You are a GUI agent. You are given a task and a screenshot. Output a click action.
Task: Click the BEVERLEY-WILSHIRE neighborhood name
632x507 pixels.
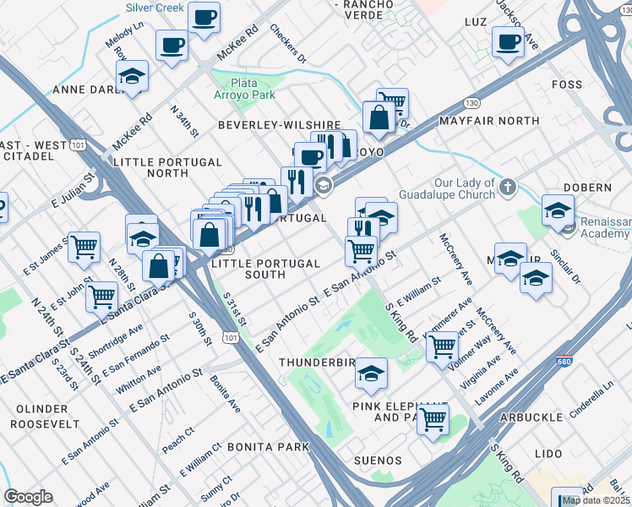coord(279,124)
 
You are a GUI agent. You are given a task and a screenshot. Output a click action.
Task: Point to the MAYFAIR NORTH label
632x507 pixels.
coord(489,121)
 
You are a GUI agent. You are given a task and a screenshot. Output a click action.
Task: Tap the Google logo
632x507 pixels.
coord(28,497)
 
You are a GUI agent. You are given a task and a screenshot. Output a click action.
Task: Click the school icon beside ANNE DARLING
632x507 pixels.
coord(133,76)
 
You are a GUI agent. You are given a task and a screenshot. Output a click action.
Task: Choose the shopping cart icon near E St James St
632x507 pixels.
coord(84,247)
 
